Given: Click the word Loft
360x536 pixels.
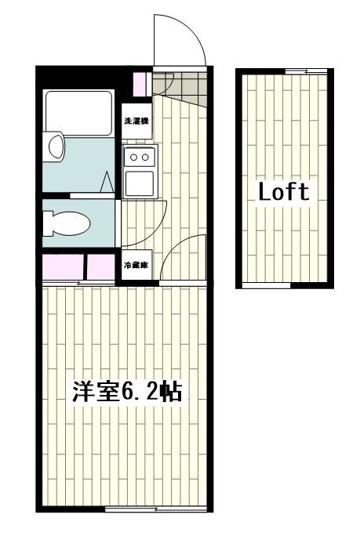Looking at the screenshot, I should [x=284, y=191].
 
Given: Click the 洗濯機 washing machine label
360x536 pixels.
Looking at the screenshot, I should [x=136, y=122].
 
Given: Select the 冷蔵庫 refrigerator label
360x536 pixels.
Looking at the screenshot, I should [x=136, y=266].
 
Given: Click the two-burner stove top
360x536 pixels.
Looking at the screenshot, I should [x=140, y=158].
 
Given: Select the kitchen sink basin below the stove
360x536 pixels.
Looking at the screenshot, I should [x=140, y=184].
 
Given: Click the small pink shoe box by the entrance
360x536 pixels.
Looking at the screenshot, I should [x=140, y=83].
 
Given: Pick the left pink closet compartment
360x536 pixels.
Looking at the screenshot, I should [x=63, y=266].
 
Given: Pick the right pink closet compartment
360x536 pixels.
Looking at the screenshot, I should [x=100, y=266].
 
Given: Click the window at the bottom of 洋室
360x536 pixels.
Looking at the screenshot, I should [x=157, y=511].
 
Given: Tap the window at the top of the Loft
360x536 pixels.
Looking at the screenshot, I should [x=305, y=71].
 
